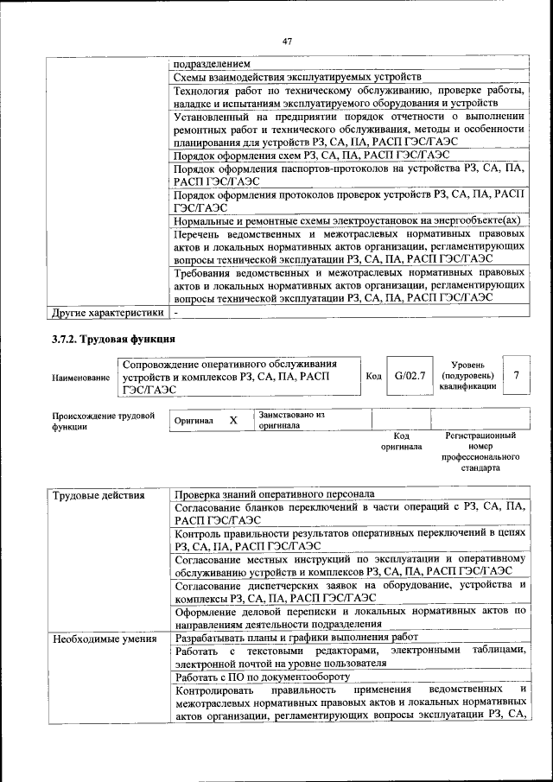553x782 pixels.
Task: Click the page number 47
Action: (x=288, y=40)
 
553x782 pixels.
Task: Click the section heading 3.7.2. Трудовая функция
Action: (x=113, y=339)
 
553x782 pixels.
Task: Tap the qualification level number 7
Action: (x=516, y=376)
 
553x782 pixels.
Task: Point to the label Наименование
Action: (x=81, y=378)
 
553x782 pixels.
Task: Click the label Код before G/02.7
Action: (x=373, y=377)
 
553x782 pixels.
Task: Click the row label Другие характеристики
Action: (x=106, y=312)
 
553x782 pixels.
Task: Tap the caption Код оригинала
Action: (x=401, y=442)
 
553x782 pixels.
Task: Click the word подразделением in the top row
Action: (x=212, y=64)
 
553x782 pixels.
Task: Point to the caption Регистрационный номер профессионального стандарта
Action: (x=480, y=452)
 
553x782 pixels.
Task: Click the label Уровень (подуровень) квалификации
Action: (x=467, y=376)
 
